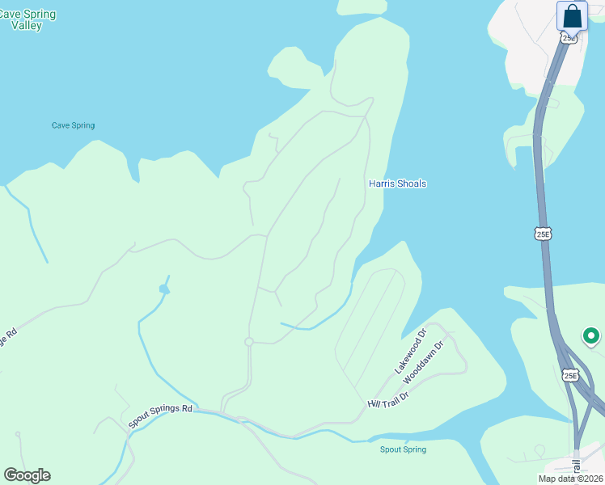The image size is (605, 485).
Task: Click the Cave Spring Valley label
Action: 25,19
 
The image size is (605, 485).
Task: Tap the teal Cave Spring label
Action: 73,125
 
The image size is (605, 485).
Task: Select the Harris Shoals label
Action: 397,183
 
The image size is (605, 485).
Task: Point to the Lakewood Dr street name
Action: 409,351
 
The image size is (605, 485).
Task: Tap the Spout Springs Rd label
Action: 160,415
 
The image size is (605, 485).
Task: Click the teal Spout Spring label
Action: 403,449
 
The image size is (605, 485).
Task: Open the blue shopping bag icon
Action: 572,15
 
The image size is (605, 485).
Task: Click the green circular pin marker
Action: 590,335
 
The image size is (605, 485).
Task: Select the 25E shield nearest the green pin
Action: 571,376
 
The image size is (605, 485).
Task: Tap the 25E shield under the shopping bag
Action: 570,38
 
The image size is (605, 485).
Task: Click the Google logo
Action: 27,475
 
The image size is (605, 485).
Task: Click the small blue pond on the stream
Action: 164,289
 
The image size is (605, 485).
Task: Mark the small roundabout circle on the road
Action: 249,342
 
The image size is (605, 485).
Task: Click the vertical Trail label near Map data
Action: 577,467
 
